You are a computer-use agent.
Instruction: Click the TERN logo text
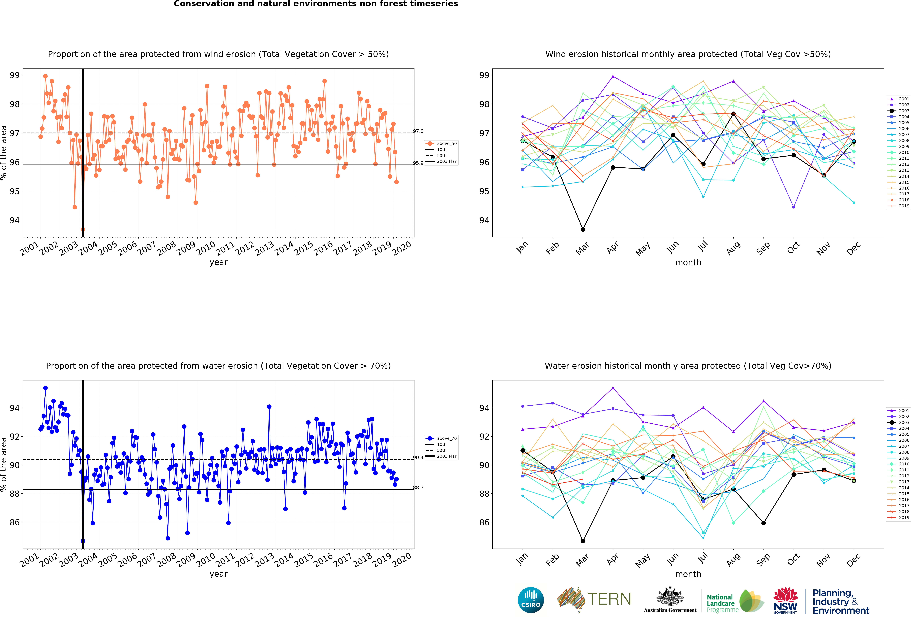click(609, 599)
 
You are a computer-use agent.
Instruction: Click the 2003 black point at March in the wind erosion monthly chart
click(583, 229)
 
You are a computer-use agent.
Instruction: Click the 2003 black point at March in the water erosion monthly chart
click(583, 541)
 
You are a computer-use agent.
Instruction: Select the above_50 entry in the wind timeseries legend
click(441, 143)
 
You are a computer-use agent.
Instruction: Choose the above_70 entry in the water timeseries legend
click(441, 438)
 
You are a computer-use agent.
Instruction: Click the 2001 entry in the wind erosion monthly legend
click(898, 99)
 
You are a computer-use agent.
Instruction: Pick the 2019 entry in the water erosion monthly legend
click(898, 517)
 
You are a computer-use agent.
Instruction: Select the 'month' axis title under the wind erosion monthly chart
click(688, 262)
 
